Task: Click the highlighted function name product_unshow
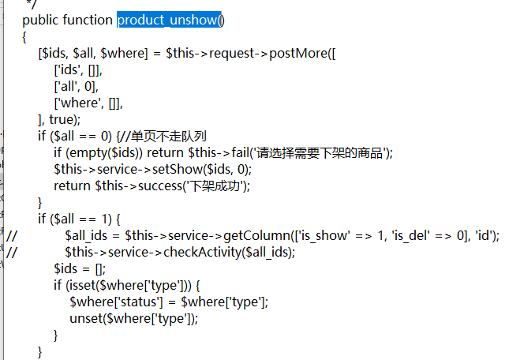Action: [167, 20]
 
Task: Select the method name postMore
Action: [298, 53]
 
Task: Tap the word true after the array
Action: [62, 119]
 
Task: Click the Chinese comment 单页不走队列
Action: [168, 136]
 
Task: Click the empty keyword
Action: [88, 153]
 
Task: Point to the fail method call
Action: [240, 152]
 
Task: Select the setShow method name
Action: [177, 169]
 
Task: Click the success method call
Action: [160, 186]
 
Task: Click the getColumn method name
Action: [256, 236]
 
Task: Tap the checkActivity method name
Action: [202, 253]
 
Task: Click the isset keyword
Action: [80, 285]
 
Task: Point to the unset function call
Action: [86, 318]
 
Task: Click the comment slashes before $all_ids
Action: [12, 236]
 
